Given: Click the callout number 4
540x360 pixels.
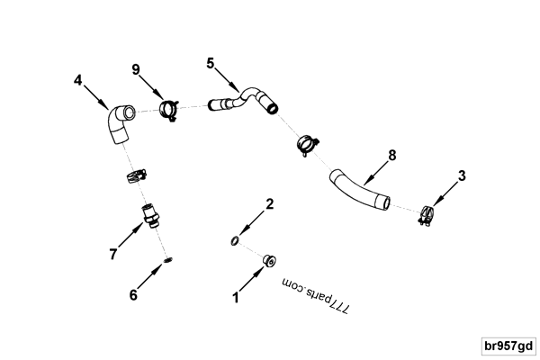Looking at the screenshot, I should coord(78,79).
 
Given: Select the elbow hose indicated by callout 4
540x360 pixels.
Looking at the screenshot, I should coord(117,125).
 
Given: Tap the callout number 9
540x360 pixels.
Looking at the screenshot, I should coord(136,68).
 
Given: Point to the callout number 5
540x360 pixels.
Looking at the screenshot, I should coord(211,64).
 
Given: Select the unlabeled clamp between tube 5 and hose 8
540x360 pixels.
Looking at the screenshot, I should coord(307,142).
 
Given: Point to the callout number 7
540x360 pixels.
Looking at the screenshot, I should coord(112,255).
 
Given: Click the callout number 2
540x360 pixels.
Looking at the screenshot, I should coord(269,204).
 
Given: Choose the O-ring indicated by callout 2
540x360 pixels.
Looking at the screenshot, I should coord(234,240).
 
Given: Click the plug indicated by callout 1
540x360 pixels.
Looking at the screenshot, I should coord(267,261).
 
